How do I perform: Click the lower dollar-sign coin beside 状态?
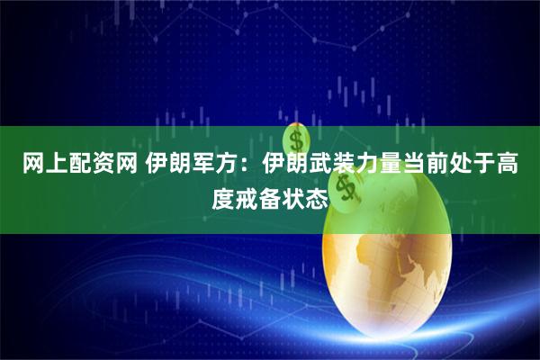[346, 191]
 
